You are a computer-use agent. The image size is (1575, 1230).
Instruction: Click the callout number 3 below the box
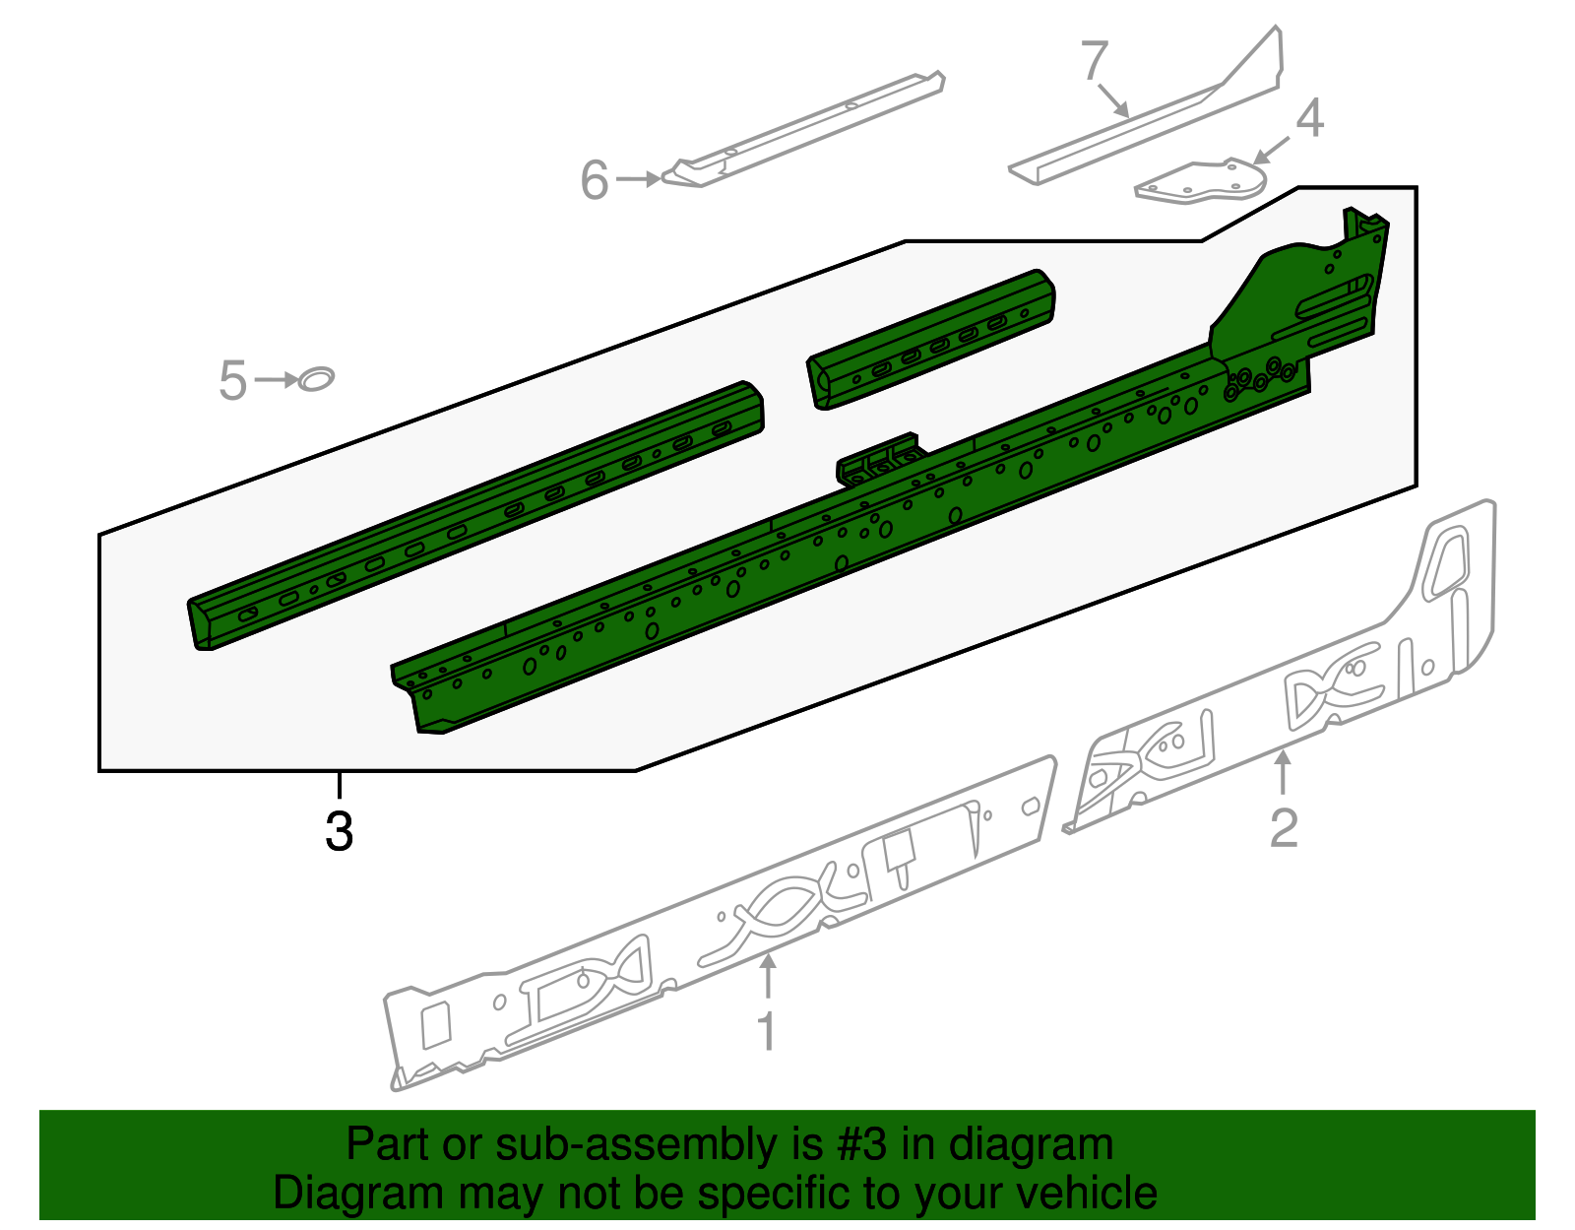click(339, 831)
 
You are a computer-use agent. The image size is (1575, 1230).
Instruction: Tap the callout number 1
click(766, 1031)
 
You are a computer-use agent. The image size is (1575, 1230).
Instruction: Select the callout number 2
click(1283, 827)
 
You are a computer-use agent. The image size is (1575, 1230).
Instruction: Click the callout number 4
click(1309, 118)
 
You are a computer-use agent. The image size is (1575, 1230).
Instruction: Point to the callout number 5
click(232, 381)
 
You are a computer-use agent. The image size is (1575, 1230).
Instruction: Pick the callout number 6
click(595, 180)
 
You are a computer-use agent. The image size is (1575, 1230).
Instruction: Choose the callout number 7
click(1095, 61)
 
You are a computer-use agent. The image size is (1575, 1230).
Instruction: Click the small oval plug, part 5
click(316, 378)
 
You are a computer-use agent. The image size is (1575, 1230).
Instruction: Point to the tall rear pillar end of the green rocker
click(1309, 295)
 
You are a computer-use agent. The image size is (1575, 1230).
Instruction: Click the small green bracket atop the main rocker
click(878, 458)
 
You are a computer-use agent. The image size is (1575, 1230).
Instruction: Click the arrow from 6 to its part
click(638, 179)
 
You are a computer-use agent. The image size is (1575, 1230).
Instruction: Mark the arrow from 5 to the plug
click(277, 380)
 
